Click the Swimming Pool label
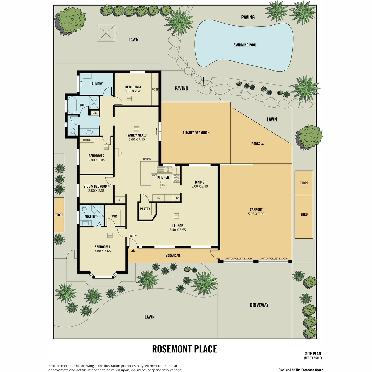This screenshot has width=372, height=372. (245, 45)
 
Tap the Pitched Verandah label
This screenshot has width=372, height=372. (196, 133)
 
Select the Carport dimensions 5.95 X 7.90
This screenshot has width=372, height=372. (256, 214)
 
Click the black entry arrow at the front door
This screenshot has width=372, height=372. (133, 250)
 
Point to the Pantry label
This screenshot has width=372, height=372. (145, 209)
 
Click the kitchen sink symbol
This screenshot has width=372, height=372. (165, 170)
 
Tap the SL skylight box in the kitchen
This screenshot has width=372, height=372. (163, 185)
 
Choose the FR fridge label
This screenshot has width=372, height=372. (158, 198)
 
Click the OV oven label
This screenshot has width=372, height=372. (177, 198)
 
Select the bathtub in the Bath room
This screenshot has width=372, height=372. (72, 105)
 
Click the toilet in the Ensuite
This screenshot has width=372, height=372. (84, 209)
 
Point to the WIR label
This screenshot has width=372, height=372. (114, 216)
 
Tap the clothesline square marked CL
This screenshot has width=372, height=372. (106, 33)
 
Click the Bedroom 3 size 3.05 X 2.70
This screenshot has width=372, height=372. (133, 91)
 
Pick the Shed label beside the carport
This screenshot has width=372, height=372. (304, 214)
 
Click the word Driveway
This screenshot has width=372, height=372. (259, 305)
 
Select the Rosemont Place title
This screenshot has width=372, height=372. (184, 349)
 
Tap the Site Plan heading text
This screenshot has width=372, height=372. (313, 354)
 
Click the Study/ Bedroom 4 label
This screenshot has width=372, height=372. (96, 186)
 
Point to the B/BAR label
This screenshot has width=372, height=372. (147, 159)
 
